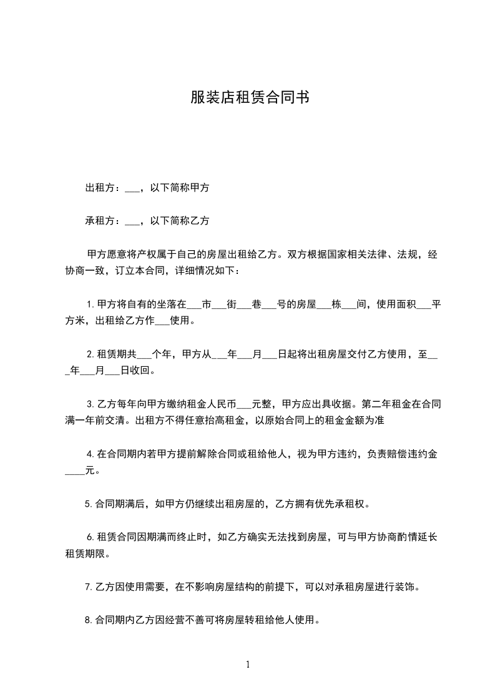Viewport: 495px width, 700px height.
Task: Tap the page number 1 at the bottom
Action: tap(248, 664)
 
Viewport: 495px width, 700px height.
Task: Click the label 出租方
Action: tap(98, 187)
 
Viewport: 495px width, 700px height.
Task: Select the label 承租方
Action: tap(98, 221)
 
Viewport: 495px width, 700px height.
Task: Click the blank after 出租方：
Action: tap(132, 188)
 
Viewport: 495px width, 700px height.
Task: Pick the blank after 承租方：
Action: tap(132, 222)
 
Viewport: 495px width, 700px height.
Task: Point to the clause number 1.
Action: tap(89, 305)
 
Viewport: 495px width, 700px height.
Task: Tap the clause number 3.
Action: tap(89, 404)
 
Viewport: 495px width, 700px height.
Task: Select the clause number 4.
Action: tap(89, 454)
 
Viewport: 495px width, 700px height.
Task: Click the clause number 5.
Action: tap(88, 503)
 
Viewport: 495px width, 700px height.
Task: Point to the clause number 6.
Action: tap(89, 537)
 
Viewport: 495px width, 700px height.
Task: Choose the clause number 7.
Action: tap(88, 587)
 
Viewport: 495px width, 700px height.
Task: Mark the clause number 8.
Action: tap(88, 621)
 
